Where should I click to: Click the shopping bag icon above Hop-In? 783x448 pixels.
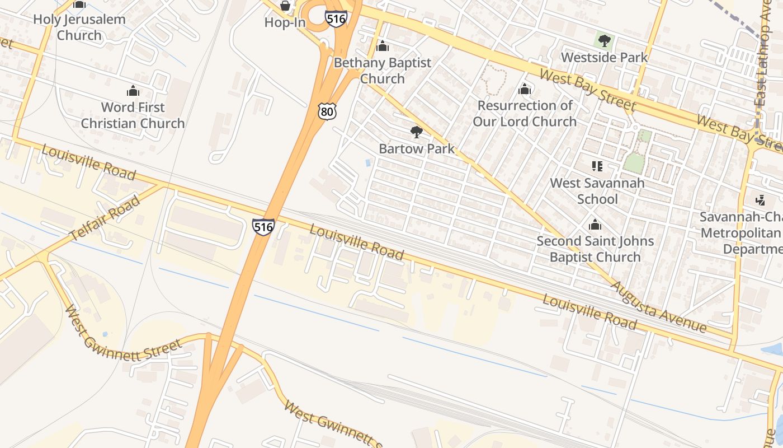(x=285, y=6)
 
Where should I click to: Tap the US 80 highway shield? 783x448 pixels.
(x=327, y=111)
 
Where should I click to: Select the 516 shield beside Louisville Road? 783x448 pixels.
(x=263, y=226)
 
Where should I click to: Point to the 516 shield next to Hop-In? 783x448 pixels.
(x=336, y=18)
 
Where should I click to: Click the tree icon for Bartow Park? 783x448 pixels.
(x=416, y=132)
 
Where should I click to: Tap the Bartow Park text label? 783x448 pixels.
(x=417, y=149)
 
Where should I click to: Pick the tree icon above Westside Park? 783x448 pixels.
(x=604, y=40)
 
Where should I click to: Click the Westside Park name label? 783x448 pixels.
(x=604, y=57)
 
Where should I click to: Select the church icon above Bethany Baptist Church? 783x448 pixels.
(x=383, y=46)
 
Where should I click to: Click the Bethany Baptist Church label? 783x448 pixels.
(x=383, y=71)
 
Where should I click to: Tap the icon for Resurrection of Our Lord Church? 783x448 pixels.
(x=525, y=89)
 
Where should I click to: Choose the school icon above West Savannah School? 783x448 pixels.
(x=597, y=166)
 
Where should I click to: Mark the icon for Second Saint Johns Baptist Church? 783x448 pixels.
(x=595, y=225)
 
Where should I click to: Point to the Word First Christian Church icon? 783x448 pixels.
(x=133, y=91)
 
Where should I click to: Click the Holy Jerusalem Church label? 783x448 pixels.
(x=79, y=27)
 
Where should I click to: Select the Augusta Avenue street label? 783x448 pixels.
(x=658, y=306)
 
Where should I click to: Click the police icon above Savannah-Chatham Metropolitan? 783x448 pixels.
(x=760, y=200)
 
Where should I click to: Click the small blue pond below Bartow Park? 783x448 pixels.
(x=367, y=163)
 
